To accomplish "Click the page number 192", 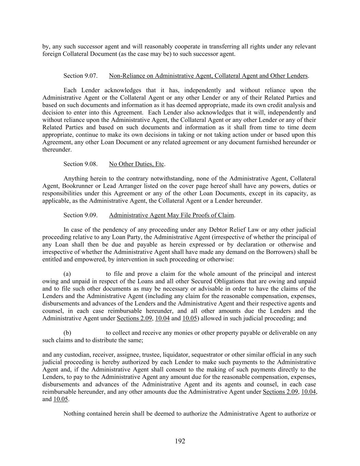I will click(180, 441).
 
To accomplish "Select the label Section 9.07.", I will click(81, 76).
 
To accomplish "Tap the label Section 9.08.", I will click(81, 164).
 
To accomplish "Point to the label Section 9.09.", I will click(81, 215).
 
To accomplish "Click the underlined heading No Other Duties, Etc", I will click(136, 164).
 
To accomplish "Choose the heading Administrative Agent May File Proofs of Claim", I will click(171, 215).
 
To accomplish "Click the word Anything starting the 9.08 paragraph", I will click(75, 179).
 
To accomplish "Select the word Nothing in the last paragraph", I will click(74, 414).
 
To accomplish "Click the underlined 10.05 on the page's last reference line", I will click(61, 399).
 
